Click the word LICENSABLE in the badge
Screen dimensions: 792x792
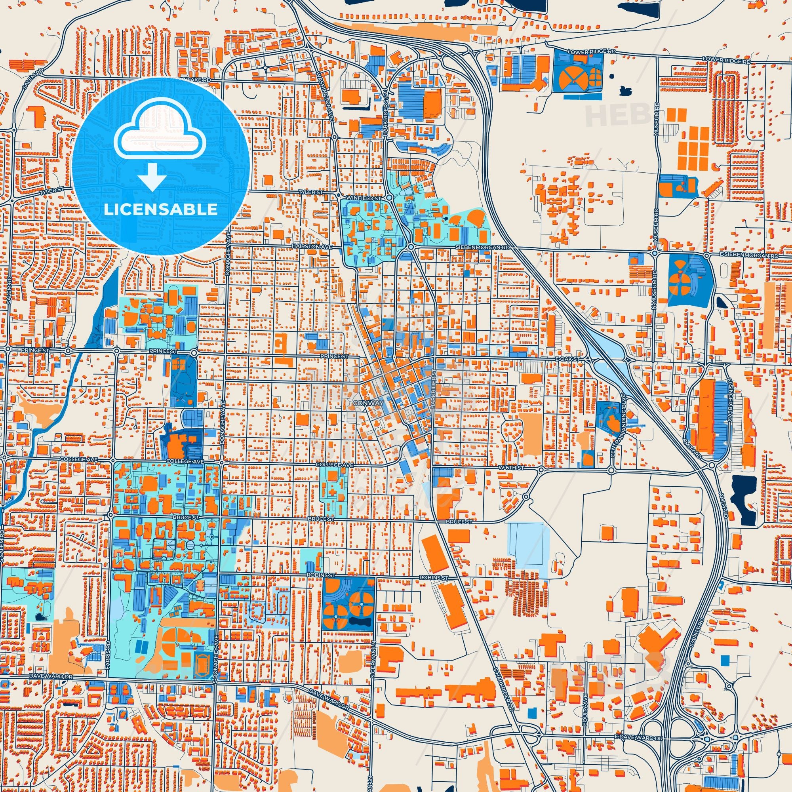(160, 209)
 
